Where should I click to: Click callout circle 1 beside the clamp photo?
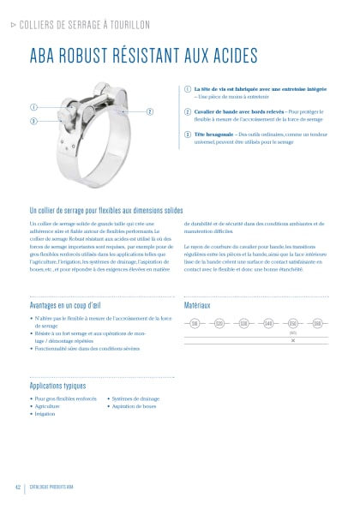point(33,107)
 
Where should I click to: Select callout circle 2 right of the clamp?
point(149,112)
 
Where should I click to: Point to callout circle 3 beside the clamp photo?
point(33,121)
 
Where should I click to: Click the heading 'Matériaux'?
point(198,304)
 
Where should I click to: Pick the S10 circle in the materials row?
point(195,324)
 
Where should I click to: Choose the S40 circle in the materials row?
point(268,324)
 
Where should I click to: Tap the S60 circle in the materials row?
point(317,324)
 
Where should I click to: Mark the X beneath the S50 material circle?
point(293,340)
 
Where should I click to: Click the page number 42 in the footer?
point(17,488)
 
